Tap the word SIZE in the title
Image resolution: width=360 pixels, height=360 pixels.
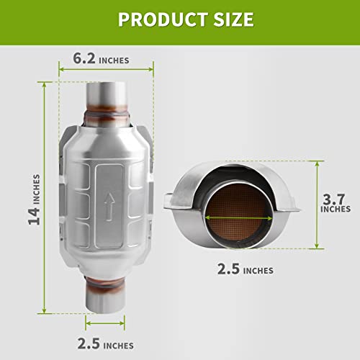(228, 19)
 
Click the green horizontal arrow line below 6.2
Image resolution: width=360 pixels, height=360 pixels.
(106, 70)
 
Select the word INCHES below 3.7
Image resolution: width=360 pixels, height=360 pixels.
(336, 210)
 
